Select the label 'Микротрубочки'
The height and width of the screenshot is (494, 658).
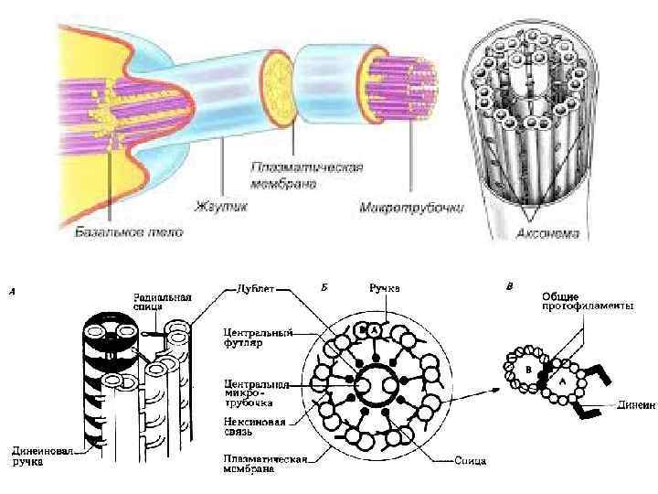coord(410,209)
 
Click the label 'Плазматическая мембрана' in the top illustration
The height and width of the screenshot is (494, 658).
coord(307,176)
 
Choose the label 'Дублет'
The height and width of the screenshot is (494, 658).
coord(255,286)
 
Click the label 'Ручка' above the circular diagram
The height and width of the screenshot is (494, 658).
coord(385,287)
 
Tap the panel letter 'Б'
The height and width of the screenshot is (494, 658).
coord(324,286)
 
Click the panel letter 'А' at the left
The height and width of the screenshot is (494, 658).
coord(11,293)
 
